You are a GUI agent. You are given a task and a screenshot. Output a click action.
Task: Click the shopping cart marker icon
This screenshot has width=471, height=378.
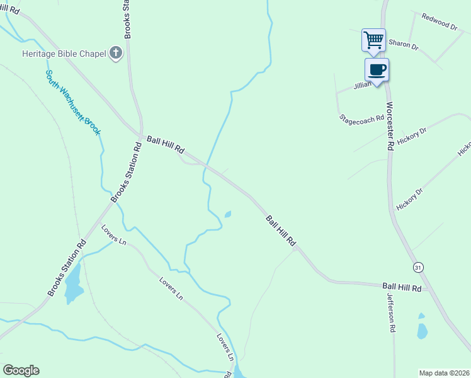tap(373, 40)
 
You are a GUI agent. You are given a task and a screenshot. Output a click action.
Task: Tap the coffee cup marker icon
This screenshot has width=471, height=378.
tap(377, 69)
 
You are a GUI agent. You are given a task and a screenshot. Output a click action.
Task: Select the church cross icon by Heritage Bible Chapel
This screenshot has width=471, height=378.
tap(115, 54)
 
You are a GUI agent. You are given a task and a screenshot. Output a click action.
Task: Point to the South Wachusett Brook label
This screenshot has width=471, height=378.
tap(73, 102)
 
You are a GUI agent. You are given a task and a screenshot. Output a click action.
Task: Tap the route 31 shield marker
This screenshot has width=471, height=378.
tap(419, 268)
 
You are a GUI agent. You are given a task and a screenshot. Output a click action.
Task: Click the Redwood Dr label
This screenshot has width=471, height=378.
tap(439, 23)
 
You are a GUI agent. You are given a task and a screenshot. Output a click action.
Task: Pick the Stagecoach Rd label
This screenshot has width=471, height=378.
tap(361, 118)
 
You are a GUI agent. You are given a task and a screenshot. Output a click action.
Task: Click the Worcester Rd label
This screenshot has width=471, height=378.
tap(390, 125)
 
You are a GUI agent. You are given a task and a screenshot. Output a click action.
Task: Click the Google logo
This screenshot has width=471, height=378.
tap(21, 370)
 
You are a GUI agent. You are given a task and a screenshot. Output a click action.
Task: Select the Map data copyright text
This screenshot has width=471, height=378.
tap(444, 373)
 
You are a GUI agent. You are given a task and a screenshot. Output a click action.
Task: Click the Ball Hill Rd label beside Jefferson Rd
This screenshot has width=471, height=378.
tap(401, 287)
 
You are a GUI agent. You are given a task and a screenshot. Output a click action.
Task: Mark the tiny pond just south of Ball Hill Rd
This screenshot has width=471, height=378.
tap(227, 214)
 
